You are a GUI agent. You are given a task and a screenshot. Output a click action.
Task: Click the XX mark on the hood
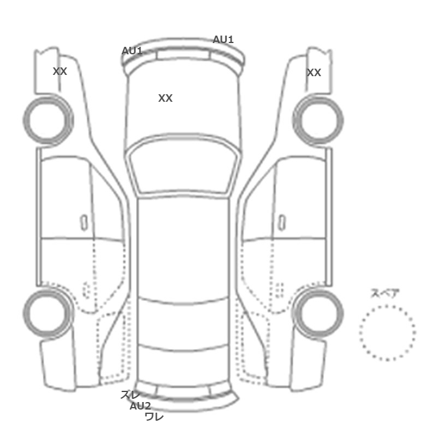pos(165,98)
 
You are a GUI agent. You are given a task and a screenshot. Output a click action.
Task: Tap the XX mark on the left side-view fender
pos(60,71)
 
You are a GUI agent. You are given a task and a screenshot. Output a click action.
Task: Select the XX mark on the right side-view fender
pos(314,73)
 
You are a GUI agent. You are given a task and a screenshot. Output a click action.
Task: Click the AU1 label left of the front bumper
pos(132,51)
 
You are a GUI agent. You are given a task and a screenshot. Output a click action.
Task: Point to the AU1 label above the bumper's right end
pos(223,39)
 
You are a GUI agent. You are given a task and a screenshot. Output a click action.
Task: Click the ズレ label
pos(130,395)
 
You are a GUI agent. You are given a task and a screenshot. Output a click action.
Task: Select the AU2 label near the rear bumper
pos(140,406)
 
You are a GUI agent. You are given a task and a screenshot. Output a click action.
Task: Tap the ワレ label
pos(154,416)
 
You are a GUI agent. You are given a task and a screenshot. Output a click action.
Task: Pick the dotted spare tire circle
pos(388,306)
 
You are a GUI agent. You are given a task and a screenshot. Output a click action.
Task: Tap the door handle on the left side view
pos(84,223)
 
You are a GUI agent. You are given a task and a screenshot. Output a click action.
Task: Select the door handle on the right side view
pos(282,223)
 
